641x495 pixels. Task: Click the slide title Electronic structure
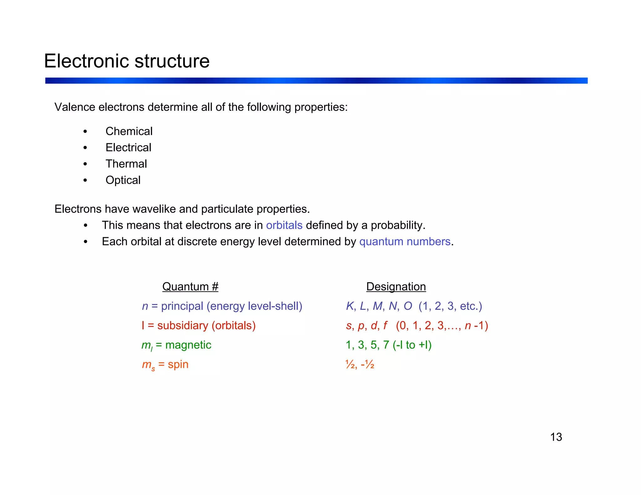pos(127,61)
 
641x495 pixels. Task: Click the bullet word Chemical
pos(129,131)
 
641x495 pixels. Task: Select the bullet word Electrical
pos(128,147)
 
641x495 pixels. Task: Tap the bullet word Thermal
pos(126,164)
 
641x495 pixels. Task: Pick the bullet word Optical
pos(123,180)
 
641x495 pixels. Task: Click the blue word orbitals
pos(284,225)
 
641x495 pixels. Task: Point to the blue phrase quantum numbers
pos(405,242)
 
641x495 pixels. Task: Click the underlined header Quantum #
pos(190,287)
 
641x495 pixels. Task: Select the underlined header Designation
pos(396,287)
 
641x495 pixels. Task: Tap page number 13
pos(556,437)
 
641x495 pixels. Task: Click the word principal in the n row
pos(182,306)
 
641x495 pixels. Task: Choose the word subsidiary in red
pos(182,326)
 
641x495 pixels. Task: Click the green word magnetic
pos(188,345)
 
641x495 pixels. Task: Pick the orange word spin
pos(178,364)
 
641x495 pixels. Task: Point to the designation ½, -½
pos(360,364)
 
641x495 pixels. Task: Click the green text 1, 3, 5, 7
pos(367,345)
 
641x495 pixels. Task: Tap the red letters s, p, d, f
pos(367,326)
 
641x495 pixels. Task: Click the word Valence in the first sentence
pos(75,107)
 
